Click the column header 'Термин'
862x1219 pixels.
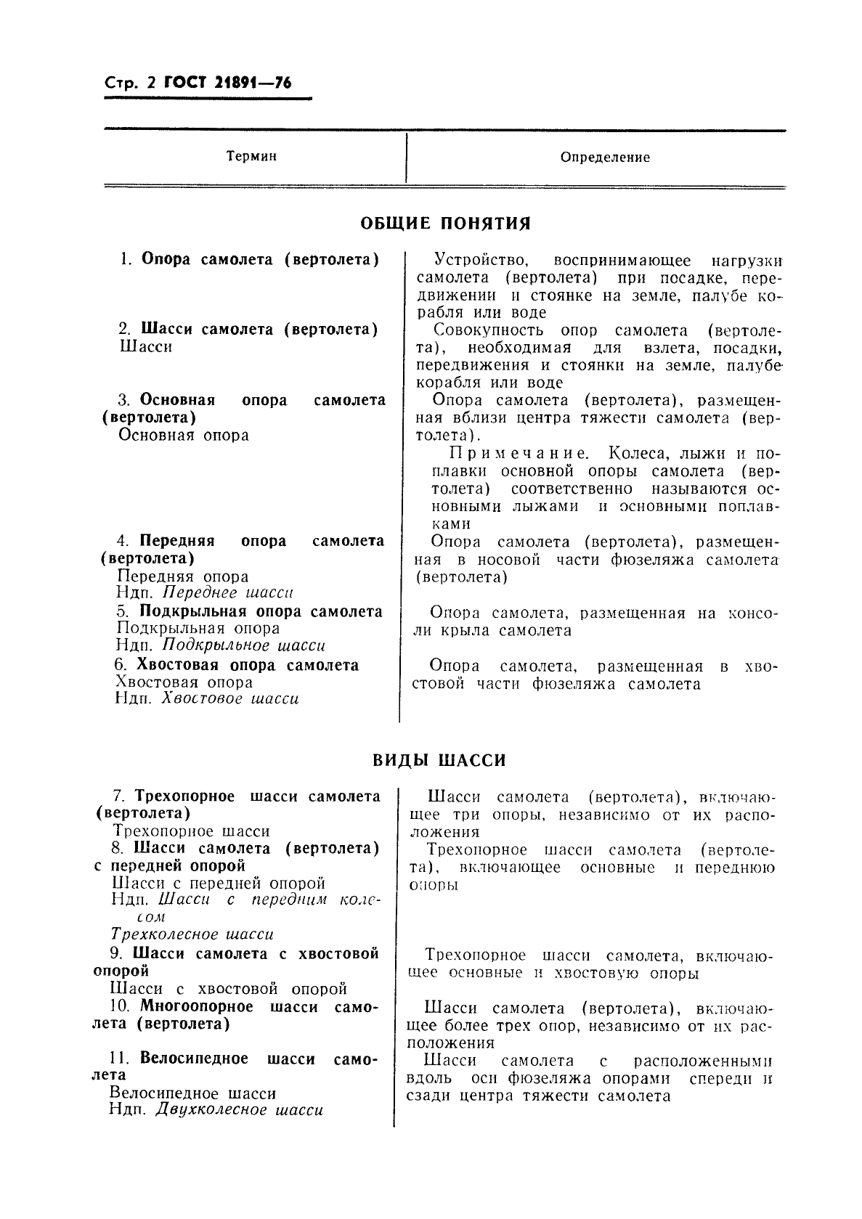(251, 156)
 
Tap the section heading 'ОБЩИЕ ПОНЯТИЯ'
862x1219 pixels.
(446, 224)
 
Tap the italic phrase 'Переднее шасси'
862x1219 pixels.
(228, 593)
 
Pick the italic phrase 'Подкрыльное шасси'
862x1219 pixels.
(244, 645)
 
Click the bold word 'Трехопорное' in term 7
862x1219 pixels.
(186, 796)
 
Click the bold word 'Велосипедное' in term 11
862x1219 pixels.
(194, 1059)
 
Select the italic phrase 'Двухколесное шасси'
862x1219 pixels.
(240, 1111)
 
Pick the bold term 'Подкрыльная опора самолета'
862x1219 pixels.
(261, 611)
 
